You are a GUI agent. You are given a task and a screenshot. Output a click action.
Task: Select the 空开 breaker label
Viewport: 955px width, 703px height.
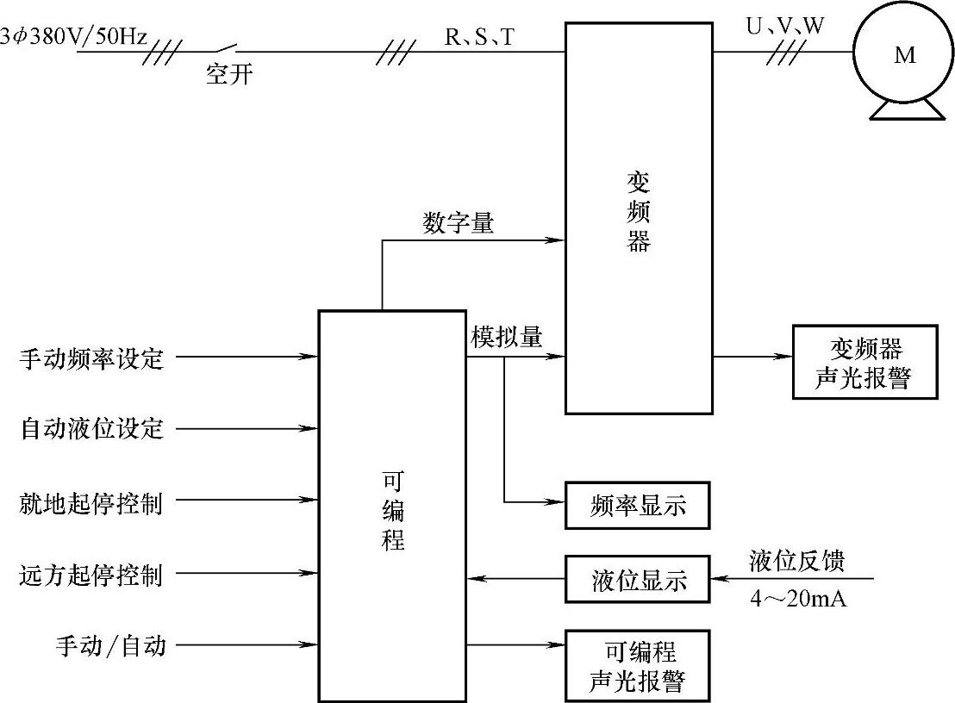(x=229, y=75)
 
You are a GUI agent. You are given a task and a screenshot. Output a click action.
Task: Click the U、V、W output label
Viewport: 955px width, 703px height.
(x=784, y=27)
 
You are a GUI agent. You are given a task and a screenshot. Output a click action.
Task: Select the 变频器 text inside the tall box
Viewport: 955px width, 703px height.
(x=638, y=211)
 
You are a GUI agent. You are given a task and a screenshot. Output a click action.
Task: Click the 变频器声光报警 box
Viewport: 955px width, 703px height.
(x=864, y=362)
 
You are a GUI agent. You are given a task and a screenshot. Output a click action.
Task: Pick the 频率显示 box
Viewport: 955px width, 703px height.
(x=638, y=505)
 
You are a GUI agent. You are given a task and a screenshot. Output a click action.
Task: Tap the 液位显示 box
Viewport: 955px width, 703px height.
(x=638, y=579)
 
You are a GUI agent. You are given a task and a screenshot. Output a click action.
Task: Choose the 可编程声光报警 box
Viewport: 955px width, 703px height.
(x=638, y=665)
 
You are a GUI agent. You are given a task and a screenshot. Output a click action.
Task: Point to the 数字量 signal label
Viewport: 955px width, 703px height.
(x=459, y=223)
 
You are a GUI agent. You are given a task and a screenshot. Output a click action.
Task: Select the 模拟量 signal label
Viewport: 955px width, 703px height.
(x=507, y=337)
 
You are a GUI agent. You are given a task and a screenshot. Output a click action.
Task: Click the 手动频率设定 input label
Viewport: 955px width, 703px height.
(x=91, y=357)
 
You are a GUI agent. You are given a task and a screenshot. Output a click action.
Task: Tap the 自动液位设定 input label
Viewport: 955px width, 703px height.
(x=91, y=428)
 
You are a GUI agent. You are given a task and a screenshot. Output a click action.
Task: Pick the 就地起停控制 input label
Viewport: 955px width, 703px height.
(x=91, y=501)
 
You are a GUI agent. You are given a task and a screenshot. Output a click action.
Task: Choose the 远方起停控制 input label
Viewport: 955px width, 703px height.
(x=91, y=574)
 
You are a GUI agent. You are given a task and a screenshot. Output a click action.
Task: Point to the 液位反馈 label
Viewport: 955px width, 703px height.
(x=797, y=562)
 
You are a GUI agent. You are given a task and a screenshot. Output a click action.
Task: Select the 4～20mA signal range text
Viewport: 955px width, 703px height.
(x=797, y=599)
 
